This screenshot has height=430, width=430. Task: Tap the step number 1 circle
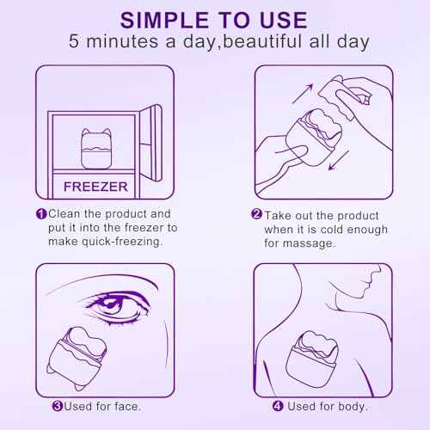click(40, 212)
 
